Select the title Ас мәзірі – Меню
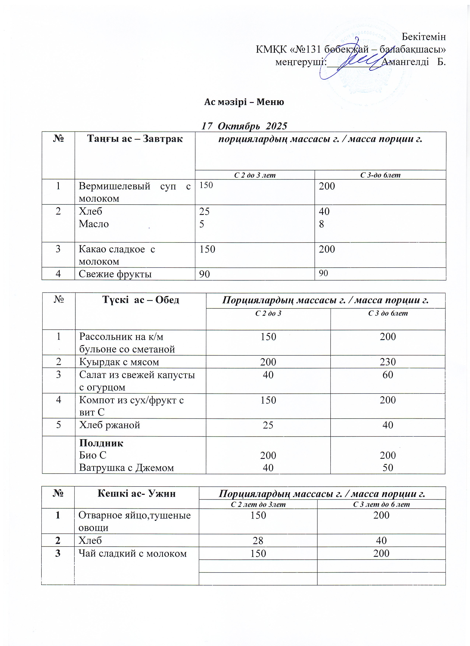click(244, 102)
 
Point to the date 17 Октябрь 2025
click(244, 126)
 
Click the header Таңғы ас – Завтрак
click(135, 139)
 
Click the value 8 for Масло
click(321, 224)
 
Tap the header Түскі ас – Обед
click(141, 300)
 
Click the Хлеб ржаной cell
click(109, 425)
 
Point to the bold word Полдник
click(101, 443)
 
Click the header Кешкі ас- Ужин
click(136, 493)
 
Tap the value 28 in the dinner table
click(258, 540)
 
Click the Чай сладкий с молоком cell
click(132, 553)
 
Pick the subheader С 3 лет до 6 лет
click(381, 504)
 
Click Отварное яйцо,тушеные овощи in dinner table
click(134, 521)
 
